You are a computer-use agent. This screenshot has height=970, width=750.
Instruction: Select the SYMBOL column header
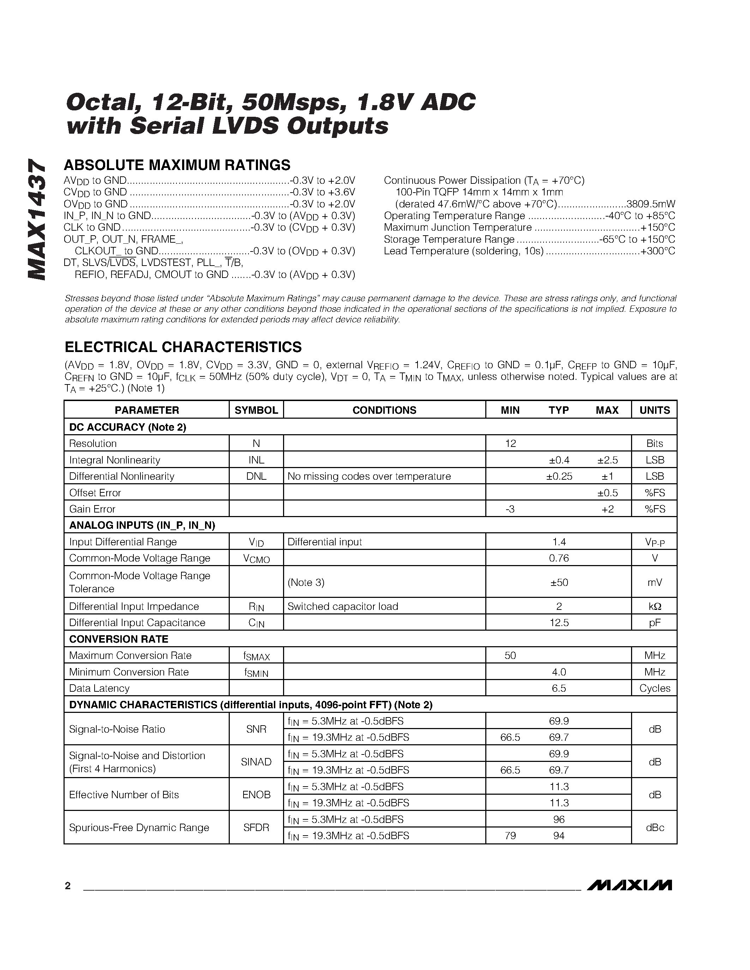pyautogui.click(x=256, y=410)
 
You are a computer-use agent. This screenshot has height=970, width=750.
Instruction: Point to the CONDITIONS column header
pyautogui.click(x=384, y=410)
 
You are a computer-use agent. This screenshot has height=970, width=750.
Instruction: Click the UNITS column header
pyautogui.click(x=654, y=410)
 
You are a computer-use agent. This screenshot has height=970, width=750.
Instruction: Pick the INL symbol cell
pyautogui.click(x=256, y=460)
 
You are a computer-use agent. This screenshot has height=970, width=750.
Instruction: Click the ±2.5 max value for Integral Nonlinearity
pyautogui.click(x=607, y=460)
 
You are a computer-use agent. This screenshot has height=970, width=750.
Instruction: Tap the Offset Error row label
pyautogui.click(x=95, y=492)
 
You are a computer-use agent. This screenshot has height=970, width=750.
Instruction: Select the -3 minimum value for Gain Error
pyautogui.click(x=510, y=509)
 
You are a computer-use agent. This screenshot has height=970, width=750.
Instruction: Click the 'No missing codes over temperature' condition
pyautogui.click(x=369, y=476)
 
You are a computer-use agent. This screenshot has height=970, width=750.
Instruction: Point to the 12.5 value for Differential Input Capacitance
pyautogui.click(x=559, y=623)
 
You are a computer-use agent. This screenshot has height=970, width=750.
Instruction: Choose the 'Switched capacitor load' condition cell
pyautogui.click(x=343, y=606)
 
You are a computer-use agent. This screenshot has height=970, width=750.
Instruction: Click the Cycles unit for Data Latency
pyautogui.click(x=654, y=688)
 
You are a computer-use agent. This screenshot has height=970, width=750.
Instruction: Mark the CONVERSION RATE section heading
pyautogui.click(x=119, y=639)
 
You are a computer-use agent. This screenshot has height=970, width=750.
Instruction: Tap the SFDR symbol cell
pyautogui.click(x=256, y=827)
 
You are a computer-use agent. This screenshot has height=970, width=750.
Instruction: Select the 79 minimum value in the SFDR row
pyautogui.click(x=510, y=835)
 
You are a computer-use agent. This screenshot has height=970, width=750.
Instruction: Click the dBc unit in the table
pyautogui.click(x=654, y=827)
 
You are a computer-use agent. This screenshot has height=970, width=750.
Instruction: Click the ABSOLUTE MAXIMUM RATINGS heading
pyautogui.click(x=177, y=165)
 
